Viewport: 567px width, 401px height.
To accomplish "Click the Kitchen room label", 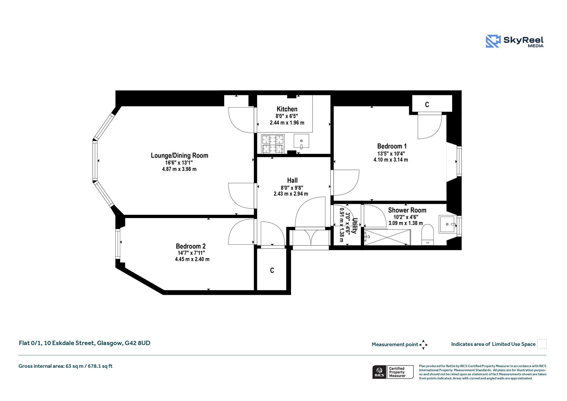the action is (287, 109).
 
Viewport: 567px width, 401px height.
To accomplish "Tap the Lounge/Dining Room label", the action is (179, 155).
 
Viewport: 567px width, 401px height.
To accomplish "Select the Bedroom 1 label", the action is (392, 146).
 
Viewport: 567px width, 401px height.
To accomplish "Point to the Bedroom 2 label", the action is (191, 246).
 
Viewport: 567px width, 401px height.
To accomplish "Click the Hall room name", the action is (292, 180).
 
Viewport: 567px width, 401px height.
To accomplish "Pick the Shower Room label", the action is (407, 210).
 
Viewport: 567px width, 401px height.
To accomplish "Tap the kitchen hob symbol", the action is (273, 144).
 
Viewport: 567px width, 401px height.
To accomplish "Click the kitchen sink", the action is (301, 141).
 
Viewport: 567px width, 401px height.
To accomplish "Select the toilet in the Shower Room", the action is (427, 235).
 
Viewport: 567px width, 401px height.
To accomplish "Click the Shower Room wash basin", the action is (447, 224).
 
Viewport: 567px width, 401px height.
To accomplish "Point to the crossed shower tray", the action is (387, 237).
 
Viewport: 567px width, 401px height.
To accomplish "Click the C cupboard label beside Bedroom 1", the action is (427, 105).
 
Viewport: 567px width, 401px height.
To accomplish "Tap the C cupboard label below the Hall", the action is (272, 270).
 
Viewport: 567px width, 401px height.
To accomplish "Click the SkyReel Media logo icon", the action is (493, 41).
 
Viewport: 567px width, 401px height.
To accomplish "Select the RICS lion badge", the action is (379, 372).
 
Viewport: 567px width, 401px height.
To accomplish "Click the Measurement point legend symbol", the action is (423, 345).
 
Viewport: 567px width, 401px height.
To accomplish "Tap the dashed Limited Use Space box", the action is (542, 344).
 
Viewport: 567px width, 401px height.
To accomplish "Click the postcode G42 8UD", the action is (138, 343).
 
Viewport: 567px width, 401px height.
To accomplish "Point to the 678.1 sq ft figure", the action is (100, 366).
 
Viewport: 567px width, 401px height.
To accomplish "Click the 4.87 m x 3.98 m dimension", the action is (179, 169).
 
